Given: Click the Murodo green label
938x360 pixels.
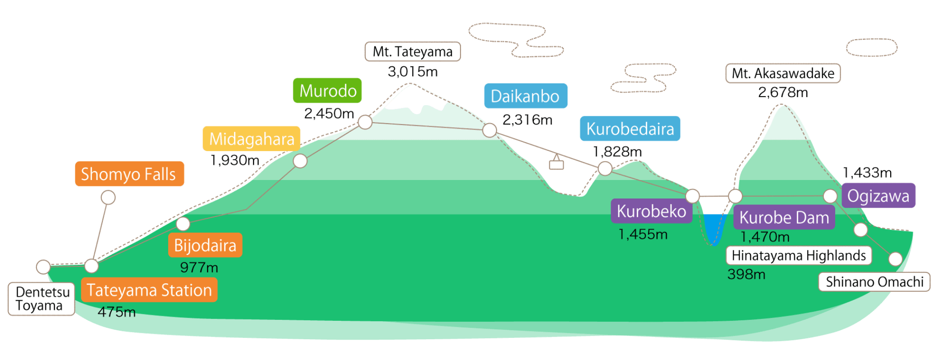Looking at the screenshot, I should pos(327,91).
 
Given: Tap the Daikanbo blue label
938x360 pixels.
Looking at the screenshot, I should pos(525,96).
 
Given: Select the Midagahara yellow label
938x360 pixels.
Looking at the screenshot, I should pos(252,138).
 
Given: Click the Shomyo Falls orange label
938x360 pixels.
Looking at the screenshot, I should pos(129,174).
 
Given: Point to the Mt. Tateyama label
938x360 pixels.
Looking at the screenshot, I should pos(413,51).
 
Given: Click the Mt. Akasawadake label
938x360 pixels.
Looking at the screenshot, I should pos(783,73).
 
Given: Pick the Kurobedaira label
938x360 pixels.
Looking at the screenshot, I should pos(630,129).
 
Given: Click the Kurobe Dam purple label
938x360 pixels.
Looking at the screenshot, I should pos(784,217).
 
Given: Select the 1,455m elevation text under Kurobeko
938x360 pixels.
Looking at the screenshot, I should pos(643,234).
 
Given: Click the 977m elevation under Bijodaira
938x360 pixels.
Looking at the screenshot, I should pos(199,267).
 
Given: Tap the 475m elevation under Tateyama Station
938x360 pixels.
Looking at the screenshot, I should pos(116,312).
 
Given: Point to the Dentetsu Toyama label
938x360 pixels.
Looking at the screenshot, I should pos(41,299).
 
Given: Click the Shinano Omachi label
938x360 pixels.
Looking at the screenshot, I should pos(874,282).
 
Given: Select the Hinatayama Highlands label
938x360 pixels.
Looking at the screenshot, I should pos(799,255).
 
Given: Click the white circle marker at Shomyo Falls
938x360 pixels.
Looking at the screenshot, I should pos(108,198).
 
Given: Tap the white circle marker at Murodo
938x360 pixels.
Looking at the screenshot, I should pos(365,122).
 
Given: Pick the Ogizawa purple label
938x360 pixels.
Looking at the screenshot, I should pos(878,196).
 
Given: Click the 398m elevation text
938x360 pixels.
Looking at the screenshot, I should pos(746,274).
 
